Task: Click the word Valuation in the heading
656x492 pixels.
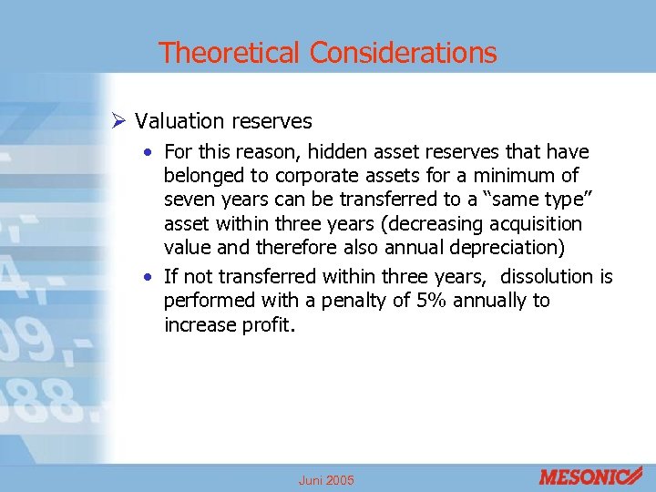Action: coord(179,121)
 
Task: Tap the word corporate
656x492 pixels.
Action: coord(300,175)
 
